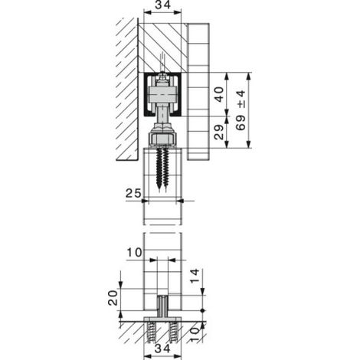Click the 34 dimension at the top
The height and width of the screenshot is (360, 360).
tap(162, 5)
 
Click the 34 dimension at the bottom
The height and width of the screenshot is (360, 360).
tap(162, 349)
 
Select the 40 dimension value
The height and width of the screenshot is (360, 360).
tap(219, 94)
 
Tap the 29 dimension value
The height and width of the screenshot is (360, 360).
tap(219, 132)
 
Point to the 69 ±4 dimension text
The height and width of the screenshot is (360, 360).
tap(241, 110)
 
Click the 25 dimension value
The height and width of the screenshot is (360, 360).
tap(133, 193)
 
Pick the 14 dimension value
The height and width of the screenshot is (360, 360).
tap(195, 276)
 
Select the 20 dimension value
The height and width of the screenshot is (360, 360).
tap(113, 298)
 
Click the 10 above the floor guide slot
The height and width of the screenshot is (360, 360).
tap(134, 253)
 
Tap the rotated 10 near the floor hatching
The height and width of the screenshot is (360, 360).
tap(195, 335)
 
